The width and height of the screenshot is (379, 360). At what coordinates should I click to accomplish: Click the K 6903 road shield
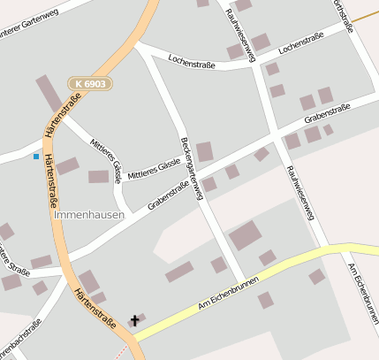click(91, 83)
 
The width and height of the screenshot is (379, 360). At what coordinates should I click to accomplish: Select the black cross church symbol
click(135, 319)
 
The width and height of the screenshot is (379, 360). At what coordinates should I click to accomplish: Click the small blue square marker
click(35, 157)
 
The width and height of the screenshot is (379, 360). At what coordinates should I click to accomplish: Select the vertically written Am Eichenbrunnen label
click(364, 293)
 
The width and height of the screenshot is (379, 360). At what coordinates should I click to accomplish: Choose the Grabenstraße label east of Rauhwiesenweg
click(327, 113)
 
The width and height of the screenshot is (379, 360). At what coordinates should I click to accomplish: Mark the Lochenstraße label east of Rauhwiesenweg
click(300, 41)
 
